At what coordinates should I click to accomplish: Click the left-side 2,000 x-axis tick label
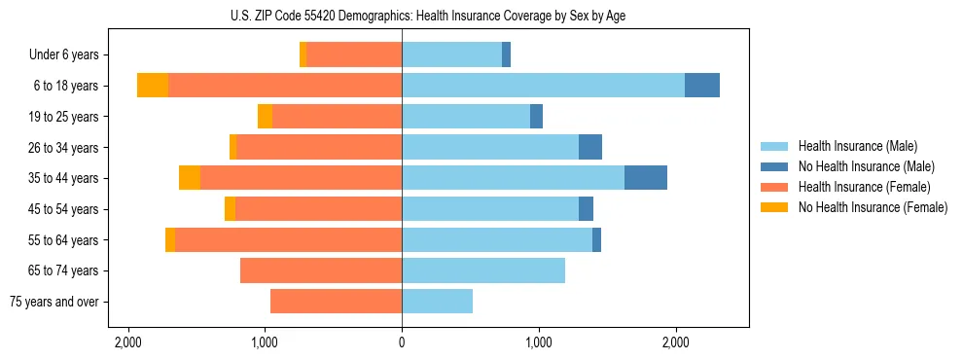pyautogui.click(x=128, y=342)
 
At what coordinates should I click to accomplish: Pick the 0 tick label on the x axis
pyautogui.click(x=402, y=342)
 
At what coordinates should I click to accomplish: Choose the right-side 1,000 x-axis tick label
pyautogui.click(x=539, y=342)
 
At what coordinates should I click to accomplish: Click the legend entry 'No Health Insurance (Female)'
pyautogui.click(x=873, y=207)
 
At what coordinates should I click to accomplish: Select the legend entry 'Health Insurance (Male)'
pyautogui.click(x=858, y=146)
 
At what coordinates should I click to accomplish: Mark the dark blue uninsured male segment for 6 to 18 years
pyautogui.click(x=702, y=86)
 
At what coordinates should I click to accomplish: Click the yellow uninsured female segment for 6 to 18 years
pyautogui.click(x=153, y=86)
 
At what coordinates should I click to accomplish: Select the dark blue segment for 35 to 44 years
pyautogui.click(x=646, y=178)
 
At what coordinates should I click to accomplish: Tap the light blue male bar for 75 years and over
pyautogui.click(x=438, y=302)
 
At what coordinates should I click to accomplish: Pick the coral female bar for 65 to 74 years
pyautogui.click(x=321, y=270)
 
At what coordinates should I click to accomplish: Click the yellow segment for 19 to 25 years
pyautogui.click(x=265, y=117)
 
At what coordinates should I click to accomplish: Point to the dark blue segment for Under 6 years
pyautogui.click(x=507, y=55)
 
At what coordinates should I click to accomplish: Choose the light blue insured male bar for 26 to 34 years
pyautogui.click(x=490, y=147)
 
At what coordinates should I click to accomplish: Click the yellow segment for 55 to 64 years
pyautogui.click(x=170, y=239)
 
